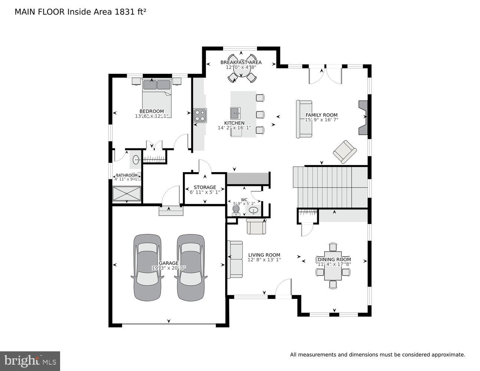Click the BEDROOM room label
pyautogui.click(x=151, y=111)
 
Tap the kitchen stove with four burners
pyautogui.click(x=200, y=115)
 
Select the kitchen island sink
pyautogui.click(x=235, y=112)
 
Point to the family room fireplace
pyautogui.click(x=362, y=117)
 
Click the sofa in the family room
pyautogui.click(x=303, y=119)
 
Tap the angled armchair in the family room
pyautogui.click(x=345, y=151)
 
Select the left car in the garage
pyautogui.click(x=148, y=267)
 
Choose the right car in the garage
pyautogui.click(x=191, y=267)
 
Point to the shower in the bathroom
pyautogui.click(x=127, y=194)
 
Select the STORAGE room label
pyautogui.click(x=205, y=187)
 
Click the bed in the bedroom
pyautogui.click(x=157, y=97)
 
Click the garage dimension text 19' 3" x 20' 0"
pyautogui.click(x=169, y=268)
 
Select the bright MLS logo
pyautogui.click(x=30, y=361)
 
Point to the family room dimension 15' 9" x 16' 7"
pyautogui.click(x=321, y=120)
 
